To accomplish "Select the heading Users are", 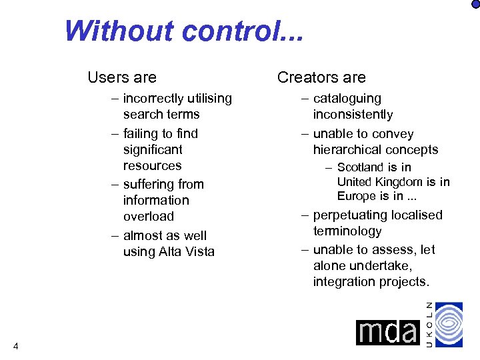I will [122, 77].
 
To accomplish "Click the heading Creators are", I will [321, 77].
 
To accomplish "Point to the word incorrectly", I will [154, 99].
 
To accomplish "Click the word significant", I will [153, 150].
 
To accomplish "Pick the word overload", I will [148, 217].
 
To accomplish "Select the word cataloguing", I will [347, 99].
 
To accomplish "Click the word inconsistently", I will [353, 115].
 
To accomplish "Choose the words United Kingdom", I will [380, 182].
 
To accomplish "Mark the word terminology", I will [347, 231].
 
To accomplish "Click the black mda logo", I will [387, 332].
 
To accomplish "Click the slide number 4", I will [15, 345].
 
